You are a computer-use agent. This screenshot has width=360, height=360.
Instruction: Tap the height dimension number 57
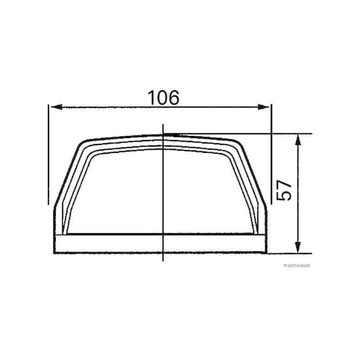[x=284, y=191]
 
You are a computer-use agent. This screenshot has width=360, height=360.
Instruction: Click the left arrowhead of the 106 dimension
[x=54, y=107]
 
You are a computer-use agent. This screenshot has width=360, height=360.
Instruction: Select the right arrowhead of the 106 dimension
[x=265, y=107]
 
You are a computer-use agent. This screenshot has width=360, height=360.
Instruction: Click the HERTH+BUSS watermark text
[x=297, y=265]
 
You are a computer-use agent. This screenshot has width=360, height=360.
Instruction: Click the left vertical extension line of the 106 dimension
[x=48, y=153]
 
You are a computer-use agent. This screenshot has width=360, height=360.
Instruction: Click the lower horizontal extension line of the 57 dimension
[x=288, y=253]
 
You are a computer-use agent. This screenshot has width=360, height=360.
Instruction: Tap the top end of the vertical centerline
[x=163, y=125]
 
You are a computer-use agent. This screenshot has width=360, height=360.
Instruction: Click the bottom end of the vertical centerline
[x=163, y=261]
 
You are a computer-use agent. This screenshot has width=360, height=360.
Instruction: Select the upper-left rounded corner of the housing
[x=82, y=144]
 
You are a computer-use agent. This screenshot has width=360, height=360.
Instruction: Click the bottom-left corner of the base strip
[x=54, y=252]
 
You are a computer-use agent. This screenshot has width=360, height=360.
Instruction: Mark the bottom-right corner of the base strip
[x=266, y=252]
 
